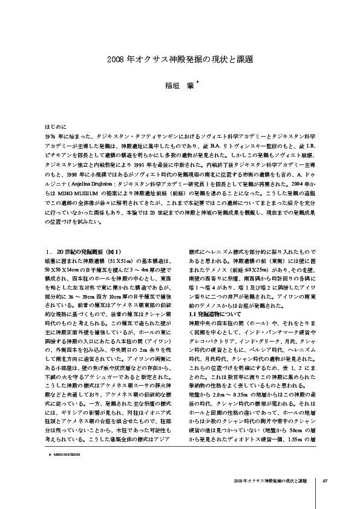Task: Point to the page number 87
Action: (324, 481)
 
